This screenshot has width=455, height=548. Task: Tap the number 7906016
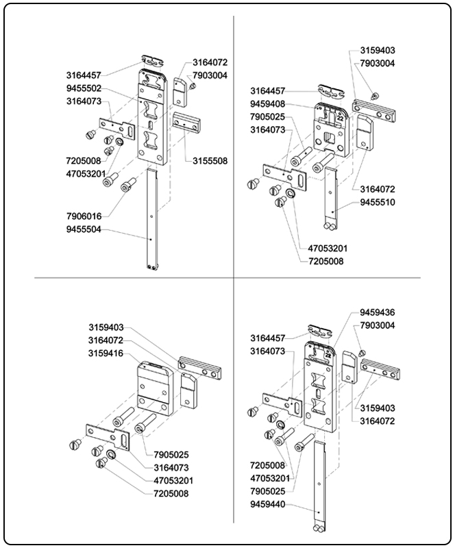[84, 216]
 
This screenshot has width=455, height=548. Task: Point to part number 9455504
[84, 229]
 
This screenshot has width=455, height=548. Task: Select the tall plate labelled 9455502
[151, 116]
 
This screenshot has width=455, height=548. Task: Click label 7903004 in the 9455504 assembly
[210, 75]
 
